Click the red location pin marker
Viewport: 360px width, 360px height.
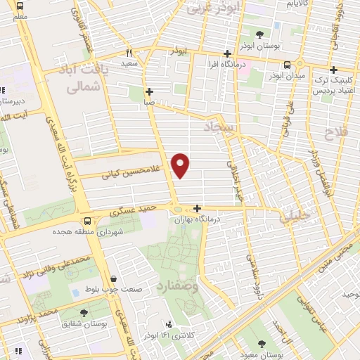[181, 165]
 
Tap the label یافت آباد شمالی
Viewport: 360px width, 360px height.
[87, 79]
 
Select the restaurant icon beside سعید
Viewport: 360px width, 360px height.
[129, 53]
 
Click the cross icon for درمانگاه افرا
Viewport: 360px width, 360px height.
[227, 53]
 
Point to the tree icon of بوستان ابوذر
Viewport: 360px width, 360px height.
[260, 34]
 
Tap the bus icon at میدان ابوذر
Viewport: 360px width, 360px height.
[286, 64]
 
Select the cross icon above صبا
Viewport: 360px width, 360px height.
[149, 91]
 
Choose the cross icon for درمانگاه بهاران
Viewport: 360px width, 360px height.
[198, 208]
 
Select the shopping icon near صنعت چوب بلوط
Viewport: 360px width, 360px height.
[114, 279]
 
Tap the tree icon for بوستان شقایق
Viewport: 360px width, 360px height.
[84, 312]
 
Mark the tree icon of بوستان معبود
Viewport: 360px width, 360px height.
[262, 344]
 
